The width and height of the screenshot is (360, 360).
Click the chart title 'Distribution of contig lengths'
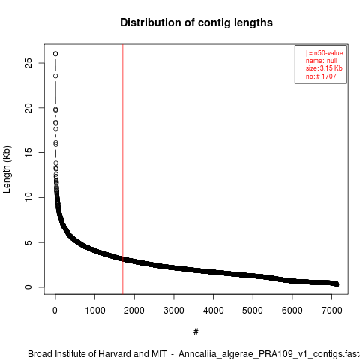pyautogui.click(x=196, y=22)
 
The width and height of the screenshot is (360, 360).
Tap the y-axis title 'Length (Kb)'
pyautogui.click(x=7, y=169)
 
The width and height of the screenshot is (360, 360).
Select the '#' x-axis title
pyautogui.click(x=196, y=332)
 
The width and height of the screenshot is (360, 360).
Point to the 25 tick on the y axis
pyautogui.click(x=28, y=63)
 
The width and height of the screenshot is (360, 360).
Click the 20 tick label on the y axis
pyautogui.click(x=28, y=108)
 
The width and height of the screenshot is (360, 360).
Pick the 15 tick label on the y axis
pyautogui.click(x=28, y=152)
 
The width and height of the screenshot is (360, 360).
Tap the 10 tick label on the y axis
pyautogui.click(x=28, y=197)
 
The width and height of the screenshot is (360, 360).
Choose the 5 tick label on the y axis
pyautogui.click(x=28, y=242)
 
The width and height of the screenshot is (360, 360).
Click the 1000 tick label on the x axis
pyautogui.click(x=95, y=310)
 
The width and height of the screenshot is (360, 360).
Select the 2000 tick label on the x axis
pyautogui.click(x=134, y=310)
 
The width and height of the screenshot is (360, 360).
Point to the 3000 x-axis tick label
pyautogui.click(x=174, y=310)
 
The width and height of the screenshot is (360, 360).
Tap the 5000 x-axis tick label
pyautogui.click(x=253, y=310)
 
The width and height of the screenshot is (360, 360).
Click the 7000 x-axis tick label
pyautogui.click(x=331, y=310)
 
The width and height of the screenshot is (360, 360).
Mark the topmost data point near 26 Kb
pyautogui.click(x=55, y=54)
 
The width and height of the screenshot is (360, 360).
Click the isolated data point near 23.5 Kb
pyautogui.click(x=55, y=76)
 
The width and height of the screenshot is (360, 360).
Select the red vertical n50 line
pyautogui.click(x=123, y=169)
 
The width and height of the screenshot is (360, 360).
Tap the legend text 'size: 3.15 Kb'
pyautogui.click(x=324, y=68)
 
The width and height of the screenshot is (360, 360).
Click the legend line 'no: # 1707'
pyautogui.click(x=321, y=76)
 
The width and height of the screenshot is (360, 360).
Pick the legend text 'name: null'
pyautogui.click(x=322, y=61)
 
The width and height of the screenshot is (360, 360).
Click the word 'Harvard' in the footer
pyautogui.click(x=115, y=354)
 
